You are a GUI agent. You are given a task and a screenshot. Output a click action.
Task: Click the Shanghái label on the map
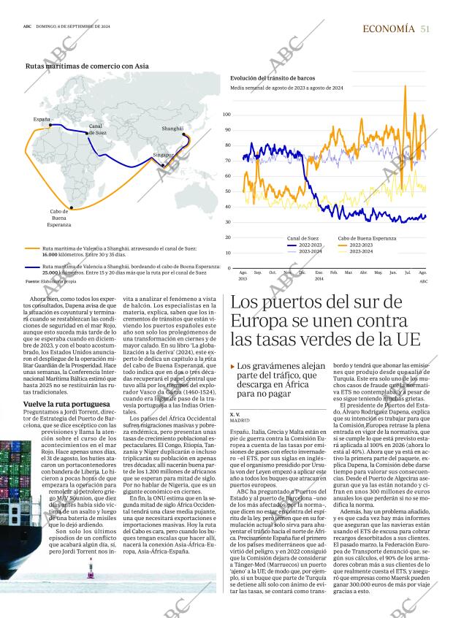(172, 129)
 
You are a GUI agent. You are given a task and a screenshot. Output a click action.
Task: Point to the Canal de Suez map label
(96, 129)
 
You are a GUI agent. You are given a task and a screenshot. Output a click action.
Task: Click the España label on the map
(42, 119)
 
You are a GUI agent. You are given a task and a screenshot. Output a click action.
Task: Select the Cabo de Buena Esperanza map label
(59, 218)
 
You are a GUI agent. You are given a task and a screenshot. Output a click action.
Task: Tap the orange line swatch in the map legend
(32, 249)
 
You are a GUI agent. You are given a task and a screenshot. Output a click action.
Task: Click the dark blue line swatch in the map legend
(32, 267)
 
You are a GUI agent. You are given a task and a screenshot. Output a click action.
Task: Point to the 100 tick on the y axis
(227, 115)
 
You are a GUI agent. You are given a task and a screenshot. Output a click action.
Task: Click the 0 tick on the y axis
(229, 268)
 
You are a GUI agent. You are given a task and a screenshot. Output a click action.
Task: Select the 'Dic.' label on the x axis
(302, 272)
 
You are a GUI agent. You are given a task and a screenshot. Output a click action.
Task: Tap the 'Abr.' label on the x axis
(364, 272)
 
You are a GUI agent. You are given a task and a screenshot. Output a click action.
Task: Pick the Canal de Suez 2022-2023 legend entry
(312, 245)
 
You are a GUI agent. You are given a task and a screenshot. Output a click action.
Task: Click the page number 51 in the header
(425, 28)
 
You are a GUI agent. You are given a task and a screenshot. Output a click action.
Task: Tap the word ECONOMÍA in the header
(389, 28)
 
